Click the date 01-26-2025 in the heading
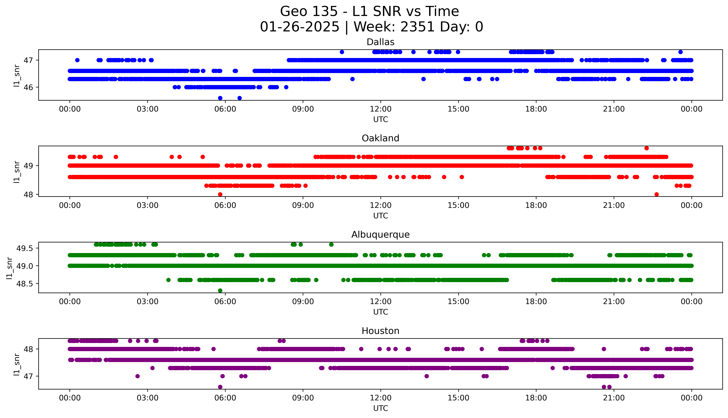pyautogui.click(x=300, y=27)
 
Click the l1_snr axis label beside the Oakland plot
pyautogui.click(x=17, y=172)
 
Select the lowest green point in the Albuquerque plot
pyautogui.click(x=220, y=291)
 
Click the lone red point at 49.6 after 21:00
pyautogui.click(x=646, y=148)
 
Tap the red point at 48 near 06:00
pyautogui.click(x=220, y=194)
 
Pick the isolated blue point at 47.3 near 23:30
pyautogui.click(x=680, y=52)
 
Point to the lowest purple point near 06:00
pyautogui.click(x=220, y=387)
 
